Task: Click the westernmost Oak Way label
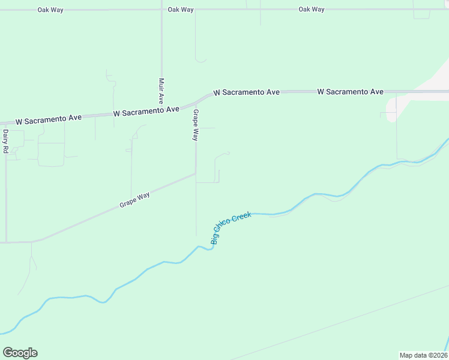tap(50, 10)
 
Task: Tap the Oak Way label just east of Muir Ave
tap(181, 10)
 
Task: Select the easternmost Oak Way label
tap(312, 10)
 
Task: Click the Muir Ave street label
tap(161, 91)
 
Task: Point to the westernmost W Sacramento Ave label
tap(49, 120)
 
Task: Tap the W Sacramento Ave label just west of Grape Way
tap(146, 112)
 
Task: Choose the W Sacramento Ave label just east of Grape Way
tap(247, 92)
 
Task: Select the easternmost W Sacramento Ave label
tap(350, 92)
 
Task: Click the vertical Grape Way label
tap(195, 125)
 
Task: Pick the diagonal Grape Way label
tap(134, 199)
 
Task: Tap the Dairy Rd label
tap(5, 142)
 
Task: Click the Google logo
tap(20, 353)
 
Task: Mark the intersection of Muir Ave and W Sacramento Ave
tap(161, 109)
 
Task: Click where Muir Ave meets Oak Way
tap(161, 10)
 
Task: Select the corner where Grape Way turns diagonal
tap(196, 174)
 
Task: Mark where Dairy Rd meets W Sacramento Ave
tap(5, 122)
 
